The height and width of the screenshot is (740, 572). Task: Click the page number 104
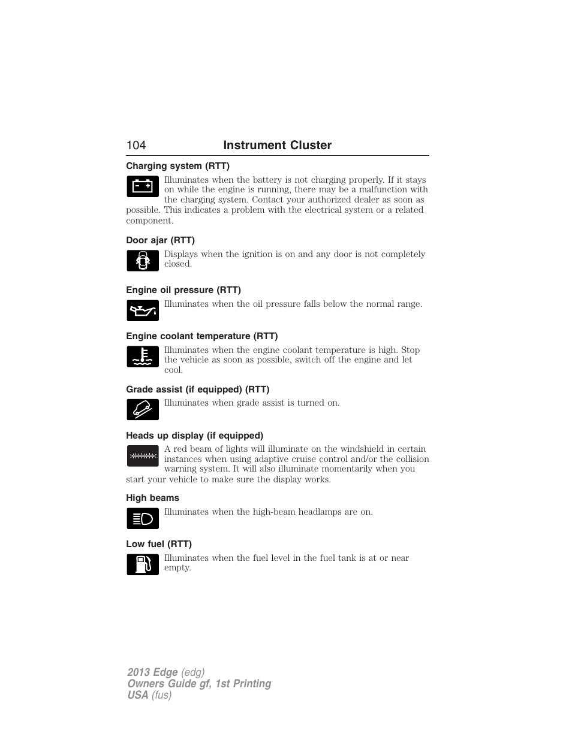136,146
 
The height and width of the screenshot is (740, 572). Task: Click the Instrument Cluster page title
277,146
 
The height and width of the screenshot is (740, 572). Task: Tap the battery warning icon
143,186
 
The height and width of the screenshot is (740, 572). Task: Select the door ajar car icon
143,261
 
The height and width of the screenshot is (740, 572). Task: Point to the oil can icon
143,310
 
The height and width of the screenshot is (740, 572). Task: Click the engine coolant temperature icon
143,357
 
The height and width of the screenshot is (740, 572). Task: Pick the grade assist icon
143,409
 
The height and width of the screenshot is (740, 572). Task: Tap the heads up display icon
143,456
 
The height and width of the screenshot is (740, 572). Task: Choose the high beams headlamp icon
143,518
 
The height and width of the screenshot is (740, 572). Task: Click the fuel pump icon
143,564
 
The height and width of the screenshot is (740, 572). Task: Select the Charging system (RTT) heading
177,166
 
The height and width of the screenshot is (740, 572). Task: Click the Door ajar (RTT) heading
160,240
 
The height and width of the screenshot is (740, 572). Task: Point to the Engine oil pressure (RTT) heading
183,290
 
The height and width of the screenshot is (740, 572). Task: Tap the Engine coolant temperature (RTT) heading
202,336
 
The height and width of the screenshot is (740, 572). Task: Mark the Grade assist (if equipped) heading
197,389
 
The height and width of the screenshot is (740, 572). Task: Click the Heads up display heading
194,436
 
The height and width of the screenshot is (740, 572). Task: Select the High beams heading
152,498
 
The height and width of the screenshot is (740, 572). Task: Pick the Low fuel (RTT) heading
159,544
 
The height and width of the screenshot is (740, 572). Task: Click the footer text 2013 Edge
152,672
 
